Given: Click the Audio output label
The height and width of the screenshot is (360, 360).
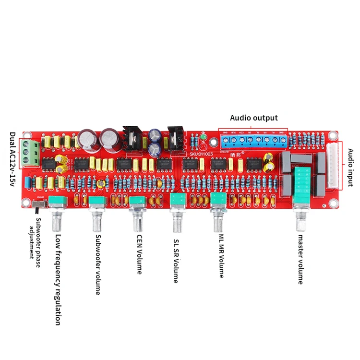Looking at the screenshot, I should [x=253, y=118].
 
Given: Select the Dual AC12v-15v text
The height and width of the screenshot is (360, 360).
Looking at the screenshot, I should [x=12, y=160].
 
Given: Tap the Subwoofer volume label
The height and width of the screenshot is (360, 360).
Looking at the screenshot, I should [x=98, y=264].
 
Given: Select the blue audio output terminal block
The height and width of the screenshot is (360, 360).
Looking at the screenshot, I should [x=255, y=140].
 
